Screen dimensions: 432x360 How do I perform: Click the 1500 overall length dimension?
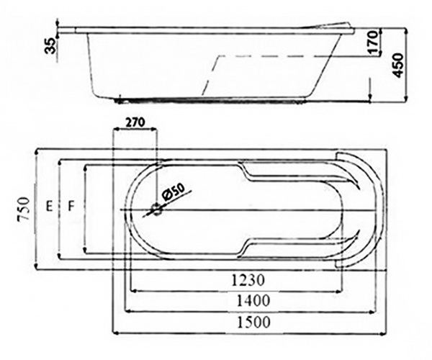tap(253, 322)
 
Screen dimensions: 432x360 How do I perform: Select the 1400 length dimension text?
tap(253, 301)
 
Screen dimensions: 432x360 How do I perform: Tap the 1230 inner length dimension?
tap(248, 280)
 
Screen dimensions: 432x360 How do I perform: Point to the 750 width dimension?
tap(23, 209)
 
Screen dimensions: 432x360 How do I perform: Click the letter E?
tap(49, 206)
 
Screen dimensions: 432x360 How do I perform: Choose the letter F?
tap(71, 206)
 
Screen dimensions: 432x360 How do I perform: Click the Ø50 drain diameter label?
tap(174, 192)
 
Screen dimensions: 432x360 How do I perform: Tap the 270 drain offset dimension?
tap(135, 122)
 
